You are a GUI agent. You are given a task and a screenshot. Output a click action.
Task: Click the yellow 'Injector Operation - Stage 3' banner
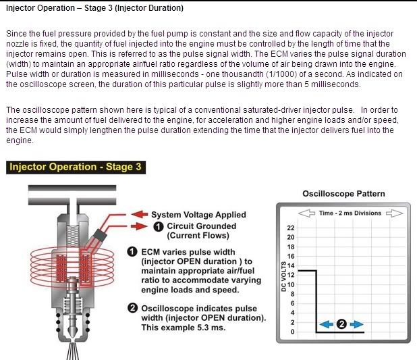[x=74, y=167]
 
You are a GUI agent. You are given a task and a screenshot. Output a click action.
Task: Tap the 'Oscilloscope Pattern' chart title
[x=343, y=194]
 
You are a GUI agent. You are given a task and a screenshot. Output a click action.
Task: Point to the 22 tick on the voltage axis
[x=291, y=228]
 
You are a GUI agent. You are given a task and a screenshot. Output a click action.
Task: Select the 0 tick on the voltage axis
[x=293, y=332]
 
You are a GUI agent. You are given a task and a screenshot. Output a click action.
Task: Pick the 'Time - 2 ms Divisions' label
[x=350, y=213]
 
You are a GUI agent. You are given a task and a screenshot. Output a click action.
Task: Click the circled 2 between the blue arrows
[x=341, y=324]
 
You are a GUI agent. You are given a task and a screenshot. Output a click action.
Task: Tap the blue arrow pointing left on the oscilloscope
[x=325, y=324]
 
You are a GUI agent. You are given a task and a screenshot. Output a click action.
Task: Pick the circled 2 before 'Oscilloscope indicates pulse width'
[x=133, y=309]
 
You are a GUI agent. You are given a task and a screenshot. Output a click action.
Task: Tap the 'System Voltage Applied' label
[x=198, y=215]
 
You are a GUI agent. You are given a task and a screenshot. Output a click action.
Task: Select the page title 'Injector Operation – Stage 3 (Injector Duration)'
[x=94, y=9]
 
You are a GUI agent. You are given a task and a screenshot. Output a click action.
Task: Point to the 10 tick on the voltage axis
[x=291, y=284]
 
